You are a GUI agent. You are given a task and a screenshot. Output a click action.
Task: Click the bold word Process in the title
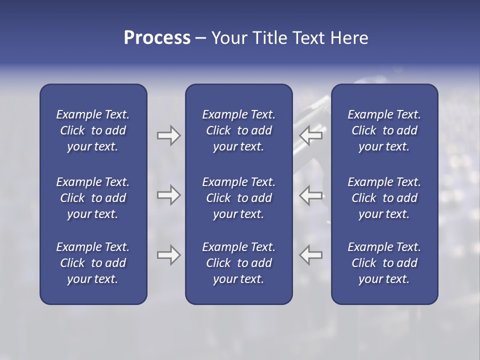click(157, 38)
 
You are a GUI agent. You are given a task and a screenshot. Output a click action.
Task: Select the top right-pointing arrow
click(169, 135)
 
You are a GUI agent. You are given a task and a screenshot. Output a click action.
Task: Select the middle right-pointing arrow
click(169, 195)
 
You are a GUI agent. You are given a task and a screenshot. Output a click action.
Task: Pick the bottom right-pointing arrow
click(169, 255)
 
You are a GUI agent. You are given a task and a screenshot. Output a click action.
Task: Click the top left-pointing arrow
click(310, 135)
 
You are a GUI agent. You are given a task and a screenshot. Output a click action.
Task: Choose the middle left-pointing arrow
click(310, 195)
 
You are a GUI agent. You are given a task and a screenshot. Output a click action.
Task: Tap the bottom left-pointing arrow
click(310, 255)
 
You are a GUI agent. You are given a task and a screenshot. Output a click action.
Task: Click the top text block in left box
click(93, 130)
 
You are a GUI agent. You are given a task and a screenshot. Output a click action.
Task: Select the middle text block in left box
click(93, 198)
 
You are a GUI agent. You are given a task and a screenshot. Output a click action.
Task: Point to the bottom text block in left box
click(93, 263)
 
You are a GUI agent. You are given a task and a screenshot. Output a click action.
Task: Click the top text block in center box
click(238, 130)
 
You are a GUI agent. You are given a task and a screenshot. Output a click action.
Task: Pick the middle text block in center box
click(238, 198)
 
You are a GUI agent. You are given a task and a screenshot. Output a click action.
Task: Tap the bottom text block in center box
click(238, 263)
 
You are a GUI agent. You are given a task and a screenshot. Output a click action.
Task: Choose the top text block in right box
click(384, 130)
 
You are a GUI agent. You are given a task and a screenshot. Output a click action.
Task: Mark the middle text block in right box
click(384, 198)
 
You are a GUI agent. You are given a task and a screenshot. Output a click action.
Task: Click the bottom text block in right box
click(384, 263)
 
